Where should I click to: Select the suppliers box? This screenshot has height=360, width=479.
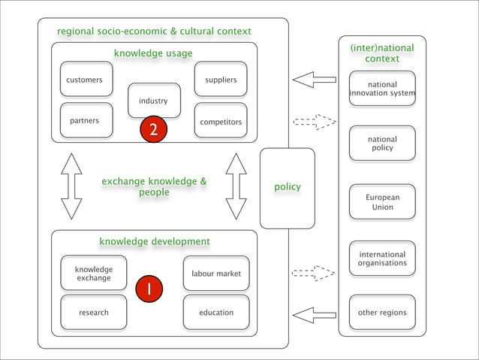coord(220,80)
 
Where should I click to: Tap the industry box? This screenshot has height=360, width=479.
coord(154,101)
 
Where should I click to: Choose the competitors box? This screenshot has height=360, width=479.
coord(220,121)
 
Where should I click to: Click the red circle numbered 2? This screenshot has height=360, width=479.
coord(152,130)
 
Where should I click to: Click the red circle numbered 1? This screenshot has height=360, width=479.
coord(149,289)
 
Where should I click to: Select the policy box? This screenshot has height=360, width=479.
coord(287,187)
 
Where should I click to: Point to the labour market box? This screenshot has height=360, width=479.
coord(216,274)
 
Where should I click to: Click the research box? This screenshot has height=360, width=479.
coord(93,313)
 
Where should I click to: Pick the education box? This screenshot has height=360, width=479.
coord(216,313)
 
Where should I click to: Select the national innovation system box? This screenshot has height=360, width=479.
coord(382,89)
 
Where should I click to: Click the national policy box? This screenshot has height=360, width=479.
coord(382,144)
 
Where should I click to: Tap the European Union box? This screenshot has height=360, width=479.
coord(382,202)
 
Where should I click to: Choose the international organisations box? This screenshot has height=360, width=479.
coord(382,259)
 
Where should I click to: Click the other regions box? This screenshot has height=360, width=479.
coord(382,313)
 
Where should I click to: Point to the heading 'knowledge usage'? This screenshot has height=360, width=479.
coord(153,53)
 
